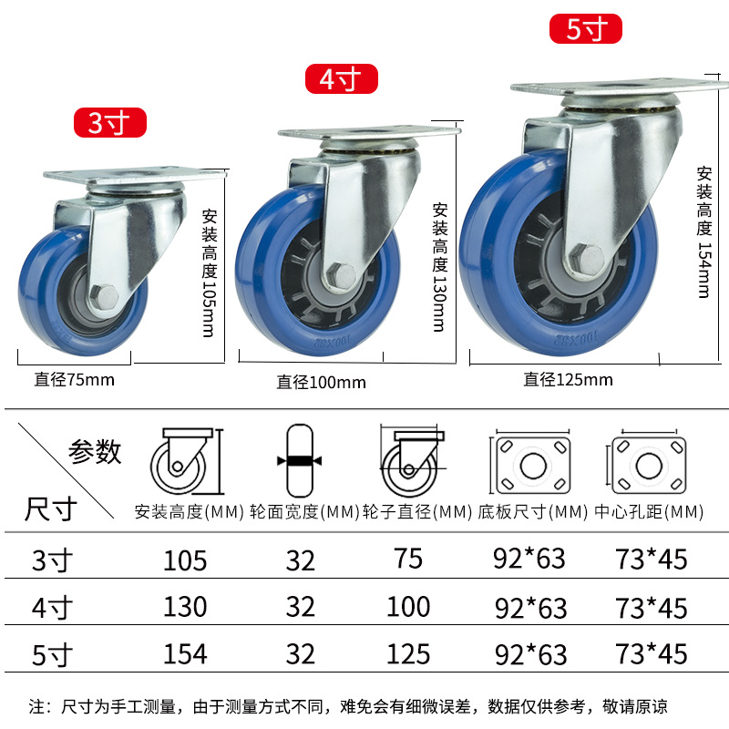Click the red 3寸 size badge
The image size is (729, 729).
[110, 123]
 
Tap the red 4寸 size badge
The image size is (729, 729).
[341, 78]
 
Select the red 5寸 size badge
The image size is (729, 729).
[586, 29]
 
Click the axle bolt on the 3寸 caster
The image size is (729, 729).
[105, 296]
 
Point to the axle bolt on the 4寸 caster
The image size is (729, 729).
[341, 275]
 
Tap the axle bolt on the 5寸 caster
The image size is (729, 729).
[587, 257]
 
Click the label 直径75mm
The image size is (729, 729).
[75, 380]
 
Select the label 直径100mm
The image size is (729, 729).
[322, 383]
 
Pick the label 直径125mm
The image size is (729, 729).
[568, 380]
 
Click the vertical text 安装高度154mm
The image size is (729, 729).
[704, 231]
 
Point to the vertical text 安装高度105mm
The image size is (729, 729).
[210, 272]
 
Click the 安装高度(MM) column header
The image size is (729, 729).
[190, 512]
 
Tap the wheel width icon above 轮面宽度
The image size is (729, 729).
[300, 460]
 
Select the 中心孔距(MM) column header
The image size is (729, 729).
[649, 512]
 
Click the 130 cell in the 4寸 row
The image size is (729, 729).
[185, 607]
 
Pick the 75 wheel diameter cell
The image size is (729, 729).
[408, 559]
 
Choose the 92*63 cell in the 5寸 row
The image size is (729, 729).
[531, 654]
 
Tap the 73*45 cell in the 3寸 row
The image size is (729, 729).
[651, 559]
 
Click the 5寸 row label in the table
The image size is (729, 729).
[52, 654]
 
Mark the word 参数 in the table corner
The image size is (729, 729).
[95, 451]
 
